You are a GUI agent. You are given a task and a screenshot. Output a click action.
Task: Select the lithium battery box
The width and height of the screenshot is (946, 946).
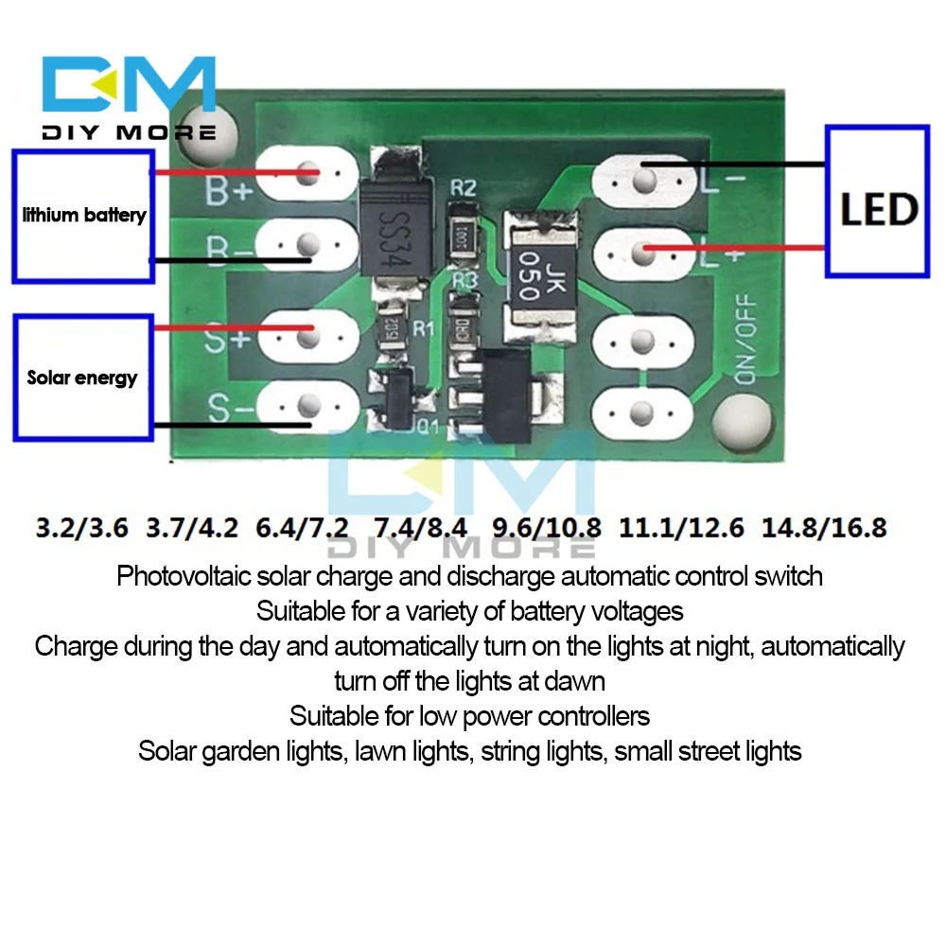coord(83,215)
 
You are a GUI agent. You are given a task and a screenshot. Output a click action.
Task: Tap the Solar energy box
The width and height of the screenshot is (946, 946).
coord(82,377)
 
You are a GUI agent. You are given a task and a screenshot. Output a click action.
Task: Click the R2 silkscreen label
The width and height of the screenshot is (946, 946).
coord(463,187)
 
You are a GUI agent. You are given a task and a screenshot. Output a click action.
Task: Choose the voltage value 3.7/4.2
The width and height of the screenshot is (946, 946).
coord(193,526)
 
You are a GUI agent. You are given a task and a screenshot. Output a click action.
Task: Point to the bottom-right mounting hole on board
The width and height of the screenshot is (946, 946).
coord(742,417)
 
